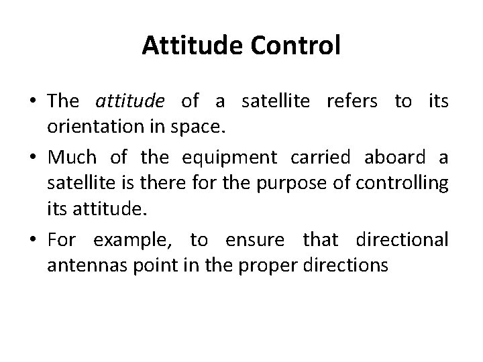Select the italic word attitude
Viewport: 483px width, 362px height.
(130, 102)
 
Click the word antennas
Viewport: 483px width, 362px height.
(81, 265)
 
